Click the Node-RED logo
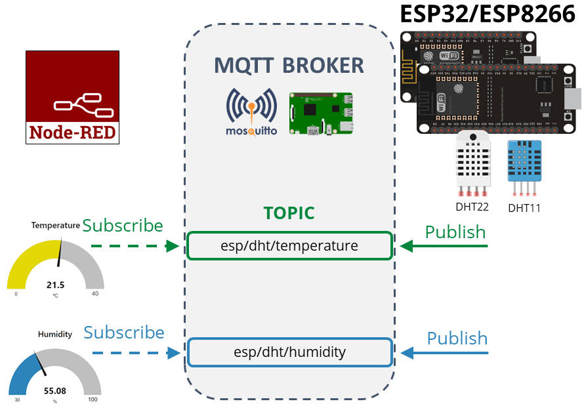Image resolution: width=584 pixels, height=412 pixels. tap(72, 97)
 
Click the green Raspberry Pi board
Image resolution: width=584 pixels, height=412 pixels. tap(321, 114)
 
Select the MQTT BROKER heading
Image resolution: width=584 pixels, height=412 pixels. tap(289, 66)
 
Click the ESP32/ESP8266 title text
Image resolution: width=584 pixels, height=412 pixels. tap(488, 14)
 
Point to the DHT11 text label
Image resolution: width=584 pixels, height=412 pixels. tap(524, 209)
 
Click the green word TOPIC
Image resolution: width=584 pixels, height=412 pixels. tap(289, 213)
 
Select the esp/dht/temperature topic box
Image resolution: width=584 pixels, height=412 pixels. tap(289, 246)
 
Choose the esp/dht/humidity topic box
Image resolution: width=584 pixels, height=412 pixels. tap(289, 352)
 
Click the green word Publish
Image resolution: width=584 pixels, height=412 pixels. tap(455, 232)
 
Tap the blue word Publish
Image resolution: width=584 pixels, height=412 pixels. tap(457, 339)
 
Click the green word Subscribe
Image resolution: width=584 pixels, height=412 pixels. tap(122, 226)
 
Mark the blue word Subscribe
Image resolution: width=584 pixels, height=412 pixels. tap(123, 333)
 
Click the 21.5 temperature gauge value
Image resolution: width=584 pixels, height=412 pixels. tap(55, 285)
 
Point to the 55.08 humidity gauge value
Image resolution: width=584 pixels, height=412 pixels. tap(55, 390)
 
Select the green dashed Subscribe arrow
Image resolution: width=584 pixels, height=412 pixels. tap(135, 247)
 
